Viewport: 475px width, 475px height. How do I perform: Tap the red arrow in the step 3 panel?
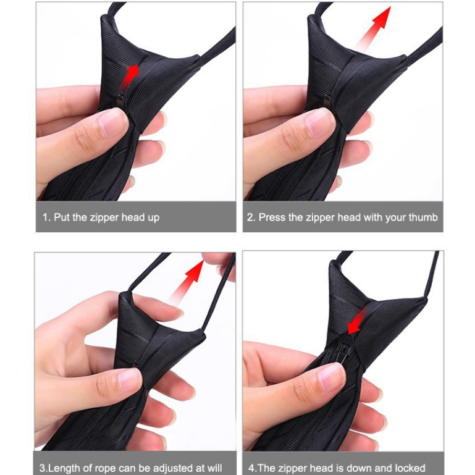[187, 280]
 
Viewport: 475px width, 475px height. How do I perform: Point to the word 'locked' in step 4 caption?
[410, 468]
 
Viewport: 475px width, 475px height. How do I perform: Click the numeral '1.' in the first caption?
[47, 217]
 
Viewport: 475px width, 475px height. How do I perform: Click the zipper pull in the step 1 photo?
[120, 101]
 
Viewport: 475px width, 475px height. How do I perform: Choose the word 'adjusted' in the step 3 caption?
[174, 468]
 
